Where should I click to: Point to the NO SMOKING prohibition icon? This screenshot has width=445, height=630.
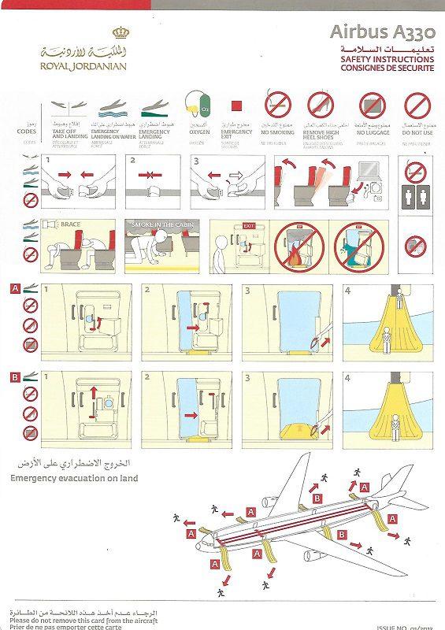pyautogui.click(x=276, y=104)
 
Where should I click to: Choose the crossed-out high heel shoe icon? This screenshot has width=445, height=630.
pyautogui.click(x=320, y=104)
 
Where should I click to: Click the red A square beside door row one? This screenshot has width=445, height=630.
pyautogui.click(x=15, y=288)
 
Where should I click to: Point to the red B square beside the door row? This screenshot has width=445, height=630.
pyautogui.click(x=15, y=376)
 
